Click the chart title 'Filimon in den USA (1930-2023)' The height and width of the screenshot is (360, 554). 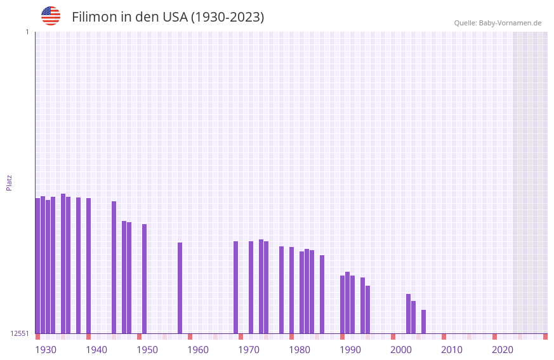(168, 17)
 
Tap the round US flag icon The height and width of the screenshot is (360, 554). (51, 16)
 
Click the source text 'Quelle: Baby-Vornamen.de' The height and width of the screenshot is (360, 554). (498, 23)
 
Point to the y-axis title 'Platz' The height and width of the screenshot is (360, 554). (9, 182)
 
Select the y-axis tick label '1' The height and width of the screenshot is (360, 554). (27, 32)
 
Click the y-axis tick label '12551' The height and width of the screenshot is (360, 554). (20, 333)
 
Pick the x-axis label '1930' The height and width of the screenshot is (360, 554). (46, 350)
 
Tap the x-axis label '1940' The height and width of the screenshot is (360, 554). (96, 350)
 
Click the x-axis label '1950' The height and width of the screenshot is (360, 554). (147, 350)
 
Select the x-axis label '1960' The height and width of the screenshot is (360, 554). (198, 350)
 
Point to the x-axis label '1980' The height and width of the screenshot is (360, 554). (300, 350)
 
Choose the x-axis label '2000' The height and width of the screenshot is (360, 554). (401, 350)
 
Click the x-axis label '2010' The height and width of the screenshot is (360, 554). (452, 350)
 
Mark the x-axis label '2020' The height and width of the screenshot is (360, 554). (503, 350)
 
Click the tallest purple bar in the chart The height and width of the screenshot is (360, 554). (63, 263)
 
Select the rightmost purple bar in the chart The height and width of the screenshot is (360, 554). (424, 321)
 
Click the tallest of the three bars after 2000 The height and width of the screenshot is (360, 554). (409, 314)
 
